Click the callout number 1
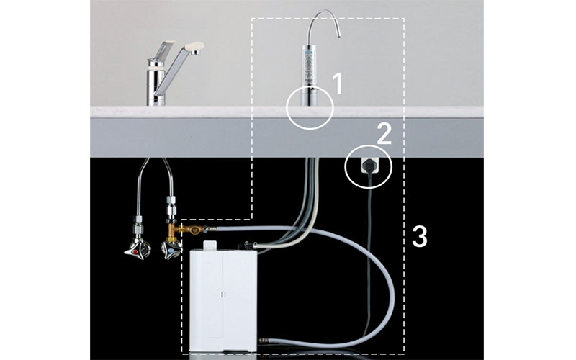tap(337, 84)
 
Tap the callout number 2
tap(384, 134)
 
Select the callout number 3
tap(420, 236)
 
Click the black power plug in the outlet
tap(368, 166)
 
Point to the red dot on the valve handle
tap(136, 253)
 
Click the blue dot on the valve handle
tap(171, 250)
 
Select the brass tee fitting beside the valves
tap(182, 231)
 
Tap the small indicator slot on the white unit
tap(222, 294)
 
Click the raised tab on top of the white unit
tap(211, 246)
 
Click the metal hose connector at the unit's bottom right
tap(264, 341)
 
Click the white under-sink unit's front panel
tap(223, 301)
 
